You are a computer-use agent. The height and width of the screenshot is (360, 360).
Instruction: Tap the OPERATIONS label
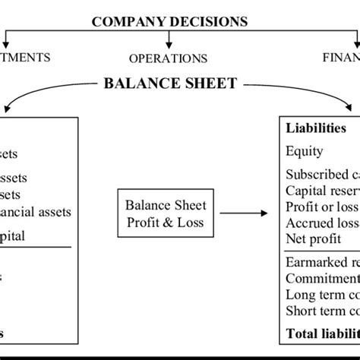(168, 58)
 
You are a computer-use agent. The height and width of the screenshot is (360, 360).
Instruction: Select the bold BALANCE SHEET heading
(170, 83)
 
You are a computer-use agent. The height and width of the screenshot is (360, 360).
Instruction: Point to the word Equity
(305, 151)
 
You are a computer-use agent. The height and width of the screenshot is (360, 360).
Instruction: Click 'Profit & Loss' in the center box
(166, 221)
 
